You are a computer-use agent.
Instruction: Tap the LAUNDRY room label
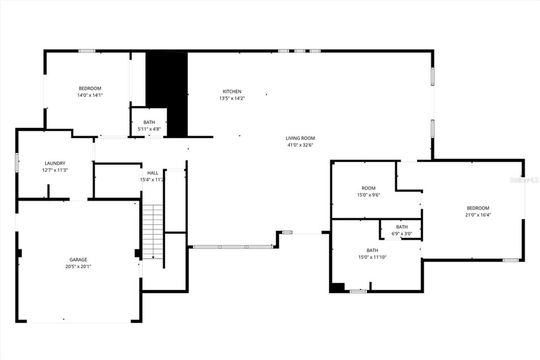[x=55, y=163]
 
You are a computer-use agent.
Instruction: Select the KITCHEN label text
[x=232, y=91]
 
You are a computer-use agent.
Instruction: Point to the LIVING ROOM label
[x=300, y=138]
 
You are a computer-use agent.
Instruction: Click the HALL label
[x=153, y=173]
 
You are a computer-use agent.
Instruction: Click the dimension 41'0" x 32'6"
[x=300, y=145]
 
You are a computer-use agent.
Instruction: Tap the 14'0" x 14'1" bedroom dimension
[x=90, y=95]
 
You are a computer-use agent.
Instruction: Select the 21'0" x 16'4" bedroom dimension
[x=478, y=215]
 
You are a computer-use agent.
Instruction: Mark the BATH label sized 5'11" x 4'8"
[x=149, y=122]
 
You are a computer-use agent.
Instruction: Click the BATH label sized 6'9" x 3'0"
[x=402, y=227]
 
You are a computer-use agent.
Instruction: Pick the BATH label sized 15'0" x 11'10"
[x=372, y=250]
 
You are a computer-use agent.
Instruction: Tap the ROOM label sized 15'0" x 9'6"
[x=368, y=188]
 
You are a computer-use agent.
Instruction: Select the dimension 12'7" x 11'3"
[x=55, y=170]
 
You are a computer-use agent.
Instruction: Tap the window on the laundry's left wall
[x=17, y=163]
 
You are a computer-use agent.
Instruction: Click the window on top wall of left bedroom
[x=87, y=51]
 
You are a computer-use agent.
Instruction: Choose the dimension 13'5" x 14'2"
[x=232, y=98]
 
